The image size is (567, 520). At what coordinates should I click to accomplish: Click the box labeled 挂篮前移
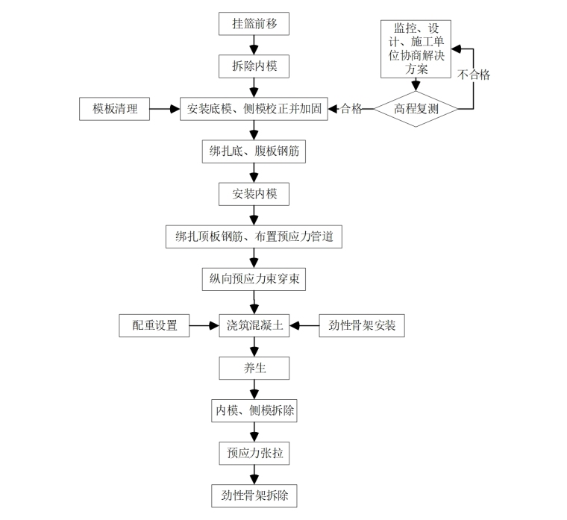pyautogui.click(x=254, y=24)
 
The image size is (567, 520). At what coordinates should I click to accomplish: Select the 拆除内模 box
pyautogui.click(x=254, y=66)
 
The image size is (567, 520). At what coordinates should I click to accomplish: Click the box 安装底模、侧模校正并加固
pyautogui.click(x=254, y=109)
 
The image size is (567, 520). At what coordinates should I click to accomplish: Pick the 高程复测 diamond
pyautogui.click(x=416, y=109)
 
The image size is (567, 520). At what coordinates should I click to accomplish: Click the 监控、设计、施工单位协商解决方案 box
pyautogui.click(x=416, y=48)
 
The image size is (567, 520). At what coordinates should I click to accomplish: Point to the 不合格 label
pyautogui.click(x=473, y=75)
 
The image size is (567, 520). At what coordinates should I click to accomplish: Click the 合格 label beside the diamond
pyautogui.click(x=351, y=109)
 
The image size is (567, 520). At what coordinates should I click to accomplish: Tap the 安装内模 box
pyautogui.click(x=254, y=194)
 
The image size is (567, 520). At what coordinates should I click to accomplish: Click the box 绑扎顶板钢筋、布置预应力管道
pyautogui.click(x=254, y=237)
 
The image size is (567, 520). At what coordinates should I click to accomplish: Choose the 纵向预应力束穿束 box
pyautogui.click(x=254, y=280)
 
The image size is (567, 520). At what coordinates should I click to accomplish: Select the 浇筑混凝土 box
pyautogui.click(x=254, y=325)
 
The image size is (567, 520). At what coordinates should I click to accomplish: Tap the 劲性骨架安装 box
pyautogui.click(x=362, y=325)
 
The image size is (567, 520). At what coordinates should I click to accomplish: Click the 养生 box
pyautogui.click(x=254, y=368)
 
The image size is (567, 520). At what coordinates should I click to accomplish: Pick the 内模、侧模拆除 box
pyautogui.click(x=254, y=410)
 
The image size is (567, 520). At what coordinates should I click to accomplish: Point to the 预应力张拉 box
pyautogui.click(x=254, y=453)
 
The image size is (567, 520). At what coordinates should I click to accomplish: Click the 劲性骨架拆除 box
pyautogui.click(x=254, y=495)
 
